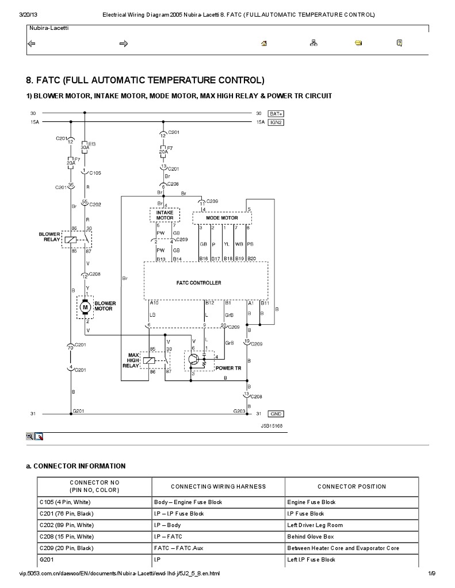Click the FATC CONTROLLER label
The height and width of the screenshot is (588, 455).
point(198,283)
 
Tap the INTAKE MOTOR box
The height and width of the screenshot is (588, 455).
point(165,215)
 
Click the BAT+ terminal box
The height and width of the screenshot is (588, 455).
point(277,114)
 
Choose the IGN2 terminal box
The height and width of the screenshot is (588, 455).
point(277,122)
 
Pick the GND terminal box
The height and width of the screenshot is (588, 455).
point(277,413)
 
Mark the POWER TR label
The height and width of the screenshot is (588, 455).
point(228,367)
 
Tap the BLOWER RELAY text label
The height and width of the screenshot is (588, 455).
point(49,236)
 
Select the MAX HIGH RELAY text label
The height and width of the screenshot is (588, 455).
point(131,360)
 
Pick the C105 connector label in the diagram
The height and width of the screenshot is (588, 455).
point(95,172)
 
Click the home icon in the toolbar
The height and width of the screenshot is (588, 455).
point(264,43)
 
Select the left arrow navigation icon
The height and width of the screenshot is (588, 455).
point(32,43)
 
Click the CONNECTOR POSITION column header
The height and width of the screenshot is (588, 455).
point(351,486)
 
